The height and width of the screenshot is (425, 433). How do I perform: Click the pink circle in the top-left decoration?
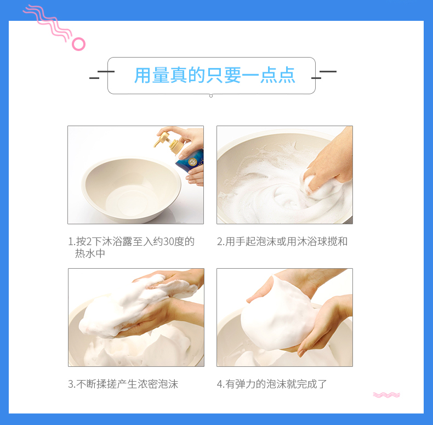point(79,39)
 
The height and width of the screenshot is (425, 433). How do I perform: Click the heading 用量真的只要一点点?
point(214,75)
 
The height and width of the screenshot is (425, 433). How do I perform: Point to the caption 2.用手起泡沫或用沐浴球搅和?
point(282,241)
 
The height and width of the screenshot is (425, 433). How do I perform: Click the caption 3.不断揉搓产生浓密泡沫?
point(123,384)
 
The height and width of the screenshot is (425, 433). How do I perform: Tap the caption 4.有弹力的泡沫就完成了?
point(272,384)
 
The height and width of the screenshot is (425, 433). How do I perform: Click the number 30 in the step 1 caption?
point(168,241)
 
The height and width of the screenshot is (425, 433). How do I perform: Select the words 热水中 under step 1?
point(90,253)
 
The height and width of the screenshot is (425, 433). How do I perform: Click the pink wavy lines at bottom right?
point(386,395)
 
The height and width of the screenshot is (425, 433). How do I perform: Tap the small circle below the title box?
point(211,96)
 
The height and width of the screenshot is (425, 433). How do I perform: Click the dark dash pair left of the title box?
point(101,75)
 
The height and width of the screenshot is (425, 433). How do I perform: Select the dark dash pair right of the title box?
point(324,75)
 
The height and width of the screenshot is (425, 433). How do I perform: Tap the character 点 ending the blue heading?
point(287,75)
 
